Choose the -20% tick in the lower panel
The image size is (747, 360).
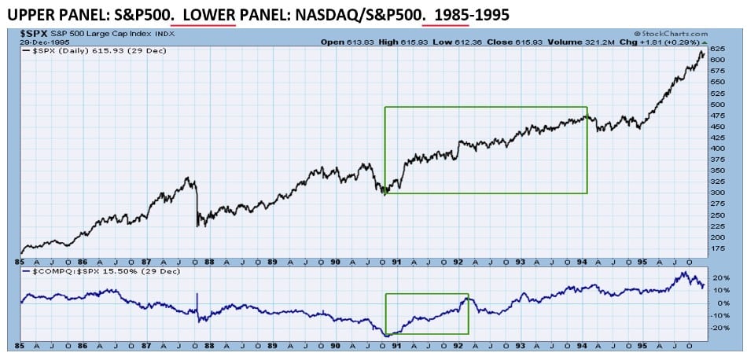pos(719,328)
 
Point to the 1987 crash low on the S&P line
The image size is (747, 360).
pos(197,226)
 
